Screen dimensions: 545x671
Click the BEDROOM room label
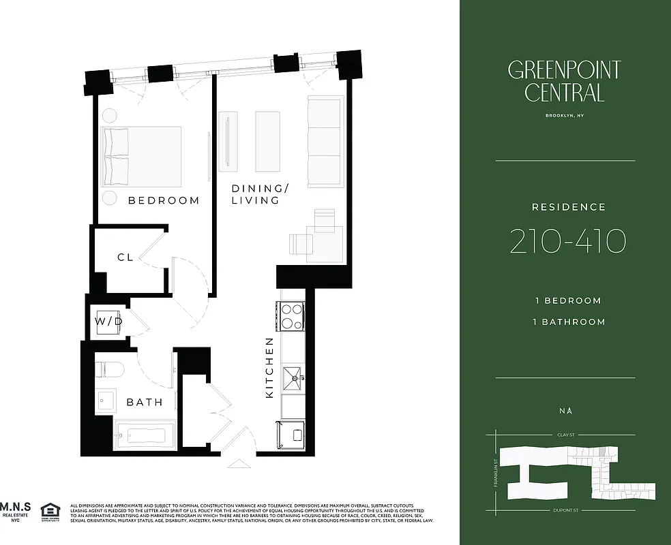click(x=164, y=200)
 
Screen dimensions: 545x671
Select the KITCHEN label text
click(x=269, y=368)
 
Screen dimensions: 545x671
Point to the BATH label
click(x=145, y=402)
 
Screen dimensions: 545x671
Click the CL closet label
click(x=125, y=258)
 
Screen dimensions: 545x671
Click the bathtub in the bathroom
click(x=144, y=434)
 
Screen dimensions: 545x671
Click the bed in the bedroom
click(x=142, y=156)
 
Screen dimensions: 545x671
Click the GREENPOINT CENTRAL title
click(x=565, y=81)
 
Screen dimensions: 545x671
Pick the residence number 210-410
click(x=567, y=241)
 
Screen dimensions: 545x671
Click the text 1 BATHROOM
click(x=569, y=322)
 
